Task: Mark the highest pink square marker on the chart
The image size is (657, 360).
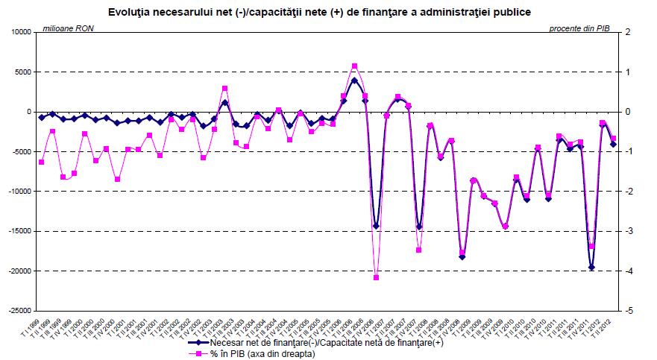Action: [354, 66]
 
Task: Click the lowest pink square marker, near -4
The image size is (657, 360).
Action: [376, 277]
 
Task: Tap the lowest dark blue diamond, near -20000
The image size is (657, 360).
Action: [591, 267]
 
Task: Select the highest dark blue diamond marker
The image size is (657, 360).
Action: [354, 80]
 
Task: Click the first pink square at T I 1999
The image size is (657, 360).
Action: [42, 162]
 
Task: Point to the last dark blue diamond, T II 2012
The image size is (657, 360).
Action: [613, 144]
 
